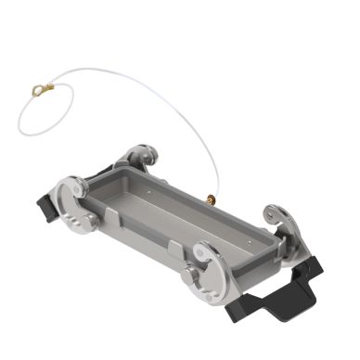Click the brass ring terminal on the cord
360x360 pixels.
[38, 90]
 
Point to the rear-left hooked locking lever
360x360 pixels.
[140, 156]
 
